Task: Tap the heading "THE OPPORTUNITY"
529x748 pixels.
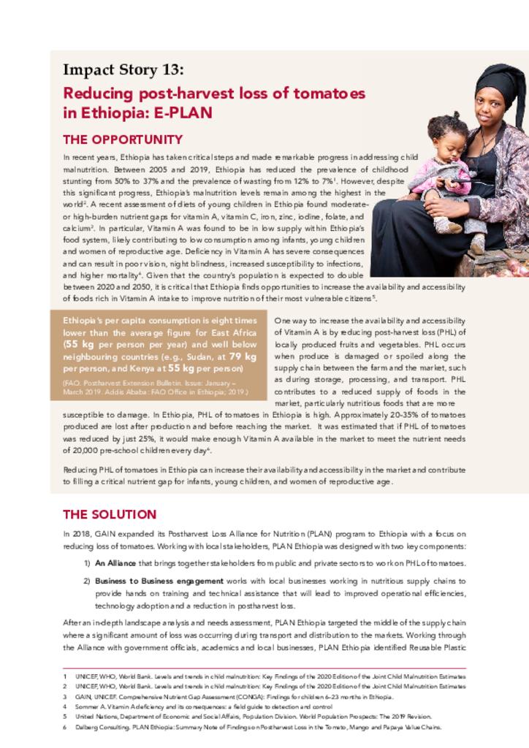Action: point(123,140)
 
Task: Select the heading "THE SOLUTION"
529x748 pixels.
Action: point(110,514)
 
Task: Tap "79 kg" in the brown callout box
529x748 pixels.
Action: point(243,356)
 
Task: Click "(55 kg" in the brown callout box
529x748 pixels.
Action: point(79,345)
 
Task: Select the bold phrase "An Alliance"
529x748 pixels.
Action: point(115,563)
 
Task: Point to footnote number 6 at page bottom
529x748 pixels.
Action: point(65,728)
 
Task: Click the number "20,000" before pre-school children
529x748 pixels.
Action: point(78,451)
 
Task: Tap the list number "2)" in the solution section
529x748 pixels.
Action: point(86,581)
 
